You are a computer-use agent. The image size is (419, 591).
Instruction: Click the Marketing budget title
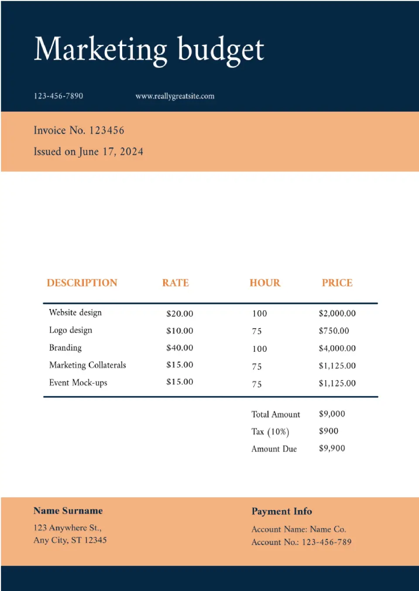pyautogui.click(x=149, y=50)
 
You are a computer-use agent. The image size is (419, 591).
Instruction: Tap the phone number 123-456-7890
pyautogui.click(x=58, y=96)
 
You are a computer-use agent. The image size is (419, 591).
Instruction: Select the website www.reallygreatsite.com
pyautogui.click(x=175, y=96)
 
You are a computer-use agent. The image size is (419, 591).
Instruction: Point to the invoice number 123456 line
pyautogui.click(x=79, y=130)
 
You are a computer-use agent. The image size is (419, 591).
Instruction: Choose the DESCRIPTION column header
pyautogui.click(x=82, y=283)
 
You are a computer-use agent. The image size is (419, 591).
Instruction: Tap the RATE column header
pyautogui.click(x=175, y=283)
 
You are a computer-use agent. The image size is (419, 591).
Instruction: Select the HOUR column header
pyautogui.click(x=265, y=283)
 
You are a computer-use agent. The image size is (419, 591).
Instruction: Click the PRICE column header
pyautogui.click(x=337, y=283)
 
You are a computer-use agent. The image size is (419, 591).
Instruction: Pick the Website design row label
pyautogui.click(x=75, y=312)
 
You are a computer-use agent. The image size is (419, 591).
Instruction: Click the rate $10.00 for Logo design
pyautogui.click(x=179, y=331)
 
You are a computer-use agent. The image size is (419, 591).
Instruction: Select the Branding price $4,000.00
pyautogui.click(x=337, y=348)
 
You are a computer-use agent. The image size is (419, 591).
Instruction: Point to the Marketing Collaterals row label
pyautogui.click(x=87, y=365)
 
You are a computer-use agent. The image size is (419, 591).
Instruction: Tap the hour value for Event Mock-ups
pyautogui.click(x=257, y=384)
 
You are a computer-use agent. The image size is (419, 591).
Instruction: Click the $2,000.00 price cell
pyautogui.click(x=337, y=313)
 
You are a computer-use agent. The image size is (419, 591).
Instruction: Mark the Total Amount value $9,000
pyautogui.click(x=332, y=414)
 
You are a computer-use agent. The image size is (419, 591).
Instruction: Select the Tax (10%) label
pyautogui.click(x=270, y=431)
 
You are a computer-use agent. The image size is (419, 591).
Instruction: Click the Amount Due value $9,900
pyautogui.click(x=332, y=448)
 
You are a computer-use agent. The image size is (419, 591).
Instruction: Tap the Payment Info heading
pyautogui.click(x=282, y=511)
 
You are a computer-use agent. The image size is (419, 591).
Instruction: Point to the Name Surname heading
pyautogui.click(x=68, y=511)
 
